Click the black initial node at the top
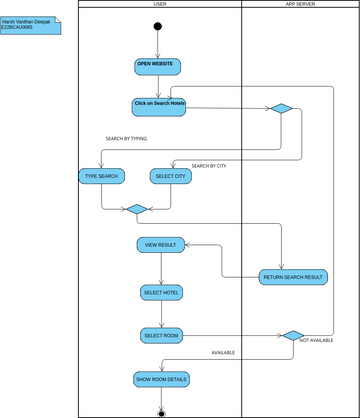pos(158,26)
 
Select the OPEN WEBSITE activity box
pos(158,66)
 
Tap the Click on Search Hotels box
pos(159,106)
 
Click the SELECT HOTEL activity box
pos(162,292)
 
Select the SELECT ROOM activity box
pos(160,336)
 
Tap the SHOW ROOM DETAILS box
pos(161,379)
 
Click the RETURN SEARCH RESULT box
pos(292,277)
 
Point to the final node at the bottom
pos(160,412)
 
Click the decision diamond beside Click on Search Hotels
pos(281,109)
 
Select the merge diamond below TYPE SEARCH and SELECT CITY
pos(135,209)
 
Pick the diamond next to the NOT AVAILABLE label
pos(292,336)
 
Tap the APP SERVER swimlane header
pos(300,4)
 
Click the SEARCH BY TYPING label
pos(126,139)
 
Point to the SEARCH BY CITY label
pos(209,165)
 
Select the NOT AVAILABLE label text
pos(318,341)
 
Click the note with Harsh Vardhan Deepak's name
pos(30,23)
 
